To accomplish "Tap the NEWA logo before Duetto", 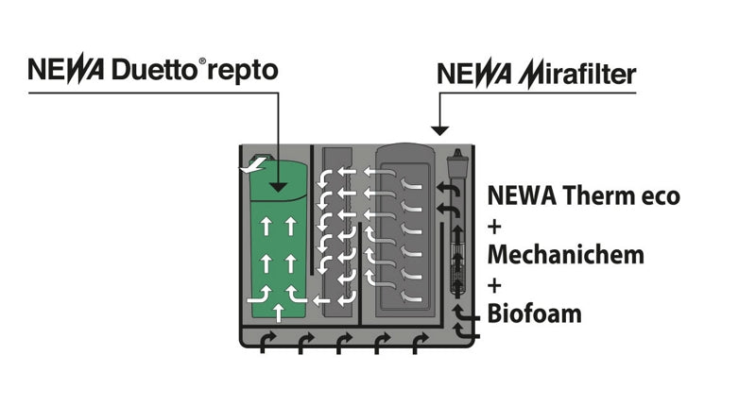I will [65, 72].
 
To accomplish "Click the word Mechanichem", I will [565, 255].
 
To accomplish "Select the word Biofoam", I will [534, 313].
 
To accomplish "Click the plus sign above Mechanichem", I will [493, 227].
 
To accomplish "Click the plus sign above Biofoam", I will [493, 284].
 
